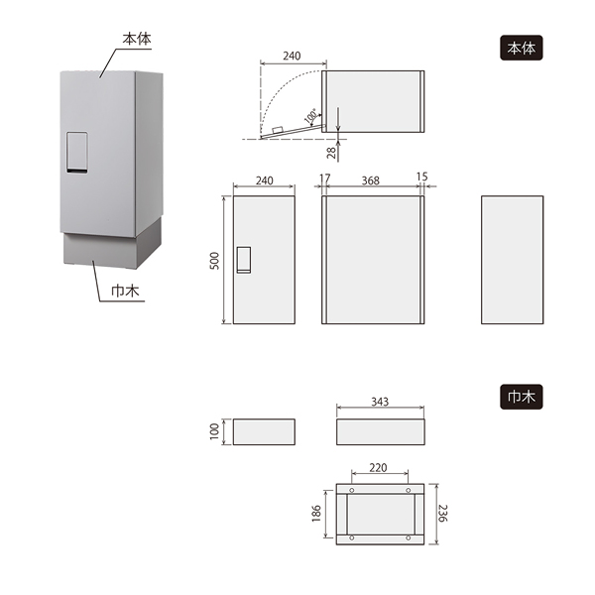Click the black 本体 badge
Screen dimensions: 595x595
click(x=521, y=48)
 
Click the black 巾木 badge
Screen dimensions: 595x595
click(x=521, y=397)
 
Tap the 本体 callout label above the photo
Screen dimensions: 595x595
click(x=137, y=39)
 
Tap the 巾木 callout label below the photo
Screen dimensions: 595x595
click(x=125, y=291)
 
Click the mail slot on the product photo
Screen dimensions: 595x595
click(x=77, y=153)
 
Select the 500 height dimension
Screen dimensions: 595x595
click(x=214, y=260)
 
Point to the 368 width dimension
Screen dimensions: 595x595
click(x=370, y=180)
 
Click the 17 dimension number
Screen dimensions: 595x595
click(x=325, y=178)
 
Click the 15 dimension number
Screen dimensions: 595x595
click(x=421, y=177)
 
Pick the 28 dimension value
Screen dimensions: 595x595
click(x=331, y=153)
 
